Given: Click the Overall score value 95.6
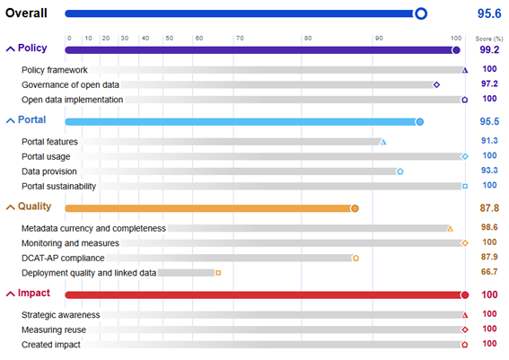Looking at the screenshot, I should click(488, 13).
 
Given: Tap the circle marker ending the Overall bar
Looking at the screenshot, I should click(420, 13).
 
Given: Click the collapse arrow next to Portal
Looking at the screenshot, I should click(11, 120).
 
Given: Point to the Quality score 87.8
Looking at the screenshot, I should click(489, 207).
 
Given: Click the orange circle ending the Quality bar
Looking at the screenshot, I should click(355, 207).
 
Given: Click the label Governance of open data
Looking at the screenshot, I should click(72, 84).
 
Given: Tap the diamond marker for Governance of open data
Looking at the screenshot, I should click(436, 84).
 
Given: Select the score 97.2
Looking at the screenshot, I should click(489, 83).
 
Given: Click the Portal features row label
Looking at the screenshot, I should click(49, 142).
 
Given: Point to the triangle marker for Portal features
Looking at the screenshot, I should click(383, 142).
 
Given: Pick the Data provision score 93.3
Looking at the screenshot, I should click(489, 171).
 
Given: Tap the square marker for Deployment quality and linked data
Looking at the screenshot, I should click(218, 272).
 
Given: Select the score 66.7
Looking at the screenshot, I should click(489, 272).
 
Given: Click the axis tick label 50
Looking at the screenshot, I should click(169, 39).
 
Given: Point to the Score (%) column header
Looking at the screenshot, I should click(488, 39).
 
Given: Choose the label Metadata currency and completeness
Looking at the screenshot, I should click(93, 228).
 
